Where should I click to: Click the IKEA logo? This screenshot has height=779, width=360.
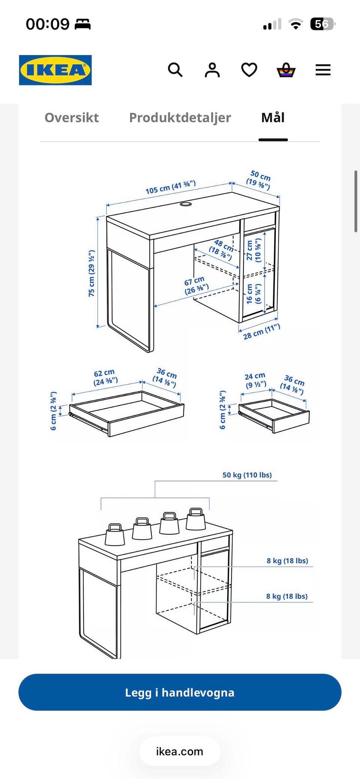(x=55, y=70)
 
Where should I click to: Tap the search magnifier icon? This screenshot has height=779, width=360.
(x=175, y=70)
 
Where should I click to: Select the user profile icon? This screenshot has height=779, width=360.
(x=212, y=70)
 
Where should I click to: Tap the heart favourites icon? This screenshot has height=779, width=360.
(x=249, y=70)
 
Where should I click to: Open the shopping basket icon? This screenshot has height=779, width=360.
(x=286, y=70)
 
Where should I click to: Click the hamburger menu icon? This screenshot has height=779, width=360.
(x=323, y=70)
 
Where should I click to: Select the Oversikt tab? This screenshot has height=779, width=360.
(x=72, y=118)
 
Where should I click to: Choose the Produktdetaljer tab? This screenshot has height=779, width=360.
(x=180, y=118)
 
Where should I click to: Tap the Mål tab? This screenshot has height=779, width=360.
(x=273, y=118)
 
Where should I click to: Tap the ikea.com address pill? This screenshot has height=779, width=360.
(x=180, y=751)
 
